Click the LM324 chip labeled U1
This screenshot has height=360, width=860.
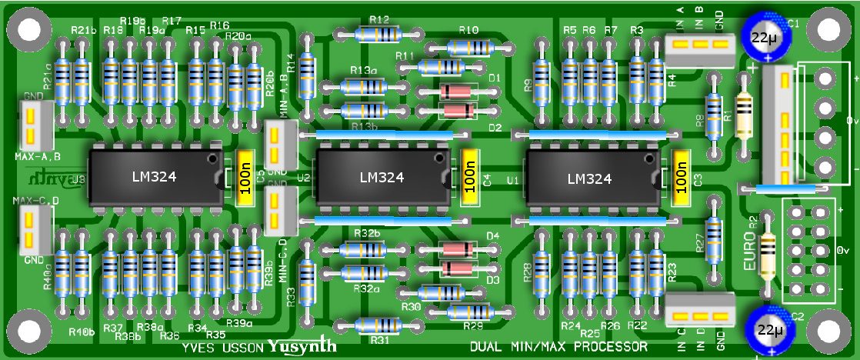pos(588,178)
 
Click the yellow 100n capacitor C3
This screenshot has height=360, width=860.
pos(681,178)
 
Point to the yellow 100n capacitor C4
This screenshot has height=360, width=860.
pos(470,178)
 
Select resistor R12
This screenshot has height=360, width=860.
pos(379,34)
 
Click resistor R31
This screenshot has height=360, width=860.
pos(379,325)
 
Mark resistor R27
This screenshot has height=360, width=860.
pos(715,239)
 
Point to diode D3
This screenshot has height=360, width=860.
pos(457,268)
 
